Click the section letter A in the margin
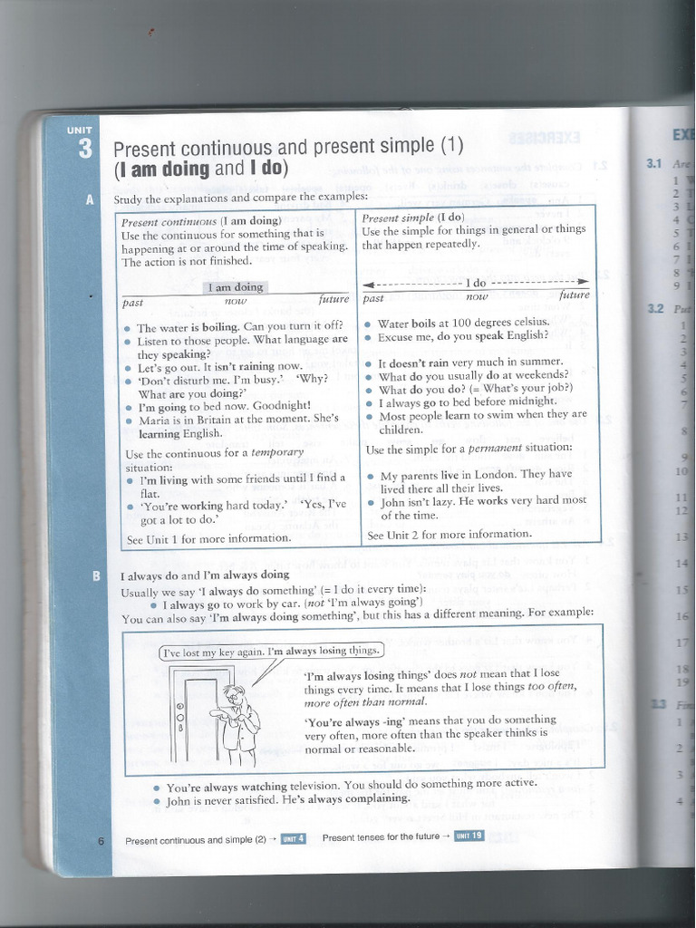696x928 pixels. (x=90, y=200)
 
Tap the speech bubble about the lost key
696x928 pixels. (x=272, y=651)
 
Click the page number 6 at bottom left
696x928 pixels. (x=101, y=841)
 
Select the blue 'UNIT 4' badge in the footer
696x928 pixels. (x=293, y=838)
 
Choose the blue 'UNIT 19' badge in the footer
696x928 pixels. (x=469, y=836)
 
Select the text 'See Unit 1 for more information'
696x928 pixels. (x=209, y=538)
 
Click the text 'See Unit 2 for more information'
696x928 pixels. (x=449, y=535)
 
